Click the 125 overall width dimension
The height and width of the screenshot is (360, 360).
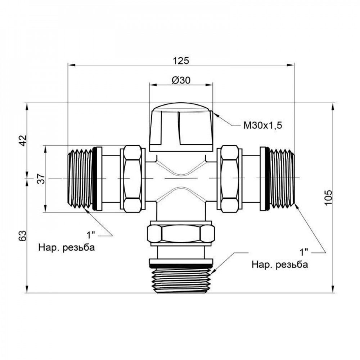coord(181,60)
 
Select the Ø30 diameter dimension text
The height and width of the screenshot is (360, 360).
coord(181,80)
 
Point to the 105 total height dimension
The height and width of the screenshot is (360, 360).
coord(328,197)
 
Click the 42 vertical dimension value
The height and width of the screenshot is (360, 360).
coord(23,140)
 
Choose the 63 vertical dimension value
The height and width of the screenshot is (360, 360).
coord(23,236)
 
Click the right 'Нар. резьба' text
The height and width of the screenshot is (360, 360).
coord(279,265)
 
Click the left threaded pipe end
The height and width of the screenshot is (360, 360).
coord(80,178)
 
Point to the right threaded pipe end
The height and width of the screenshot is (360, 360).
coord(283,178)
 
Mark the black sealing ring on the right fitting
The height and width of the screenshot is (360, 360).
coord(267,178)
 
